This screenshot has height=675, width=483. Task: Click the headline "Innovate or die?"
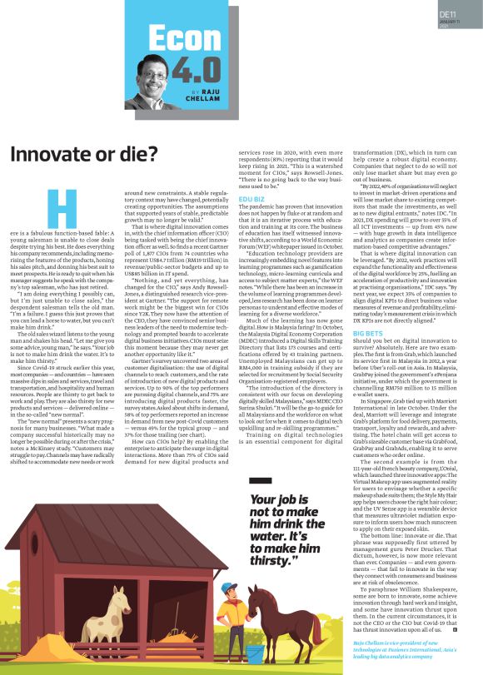click(83, 154)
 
